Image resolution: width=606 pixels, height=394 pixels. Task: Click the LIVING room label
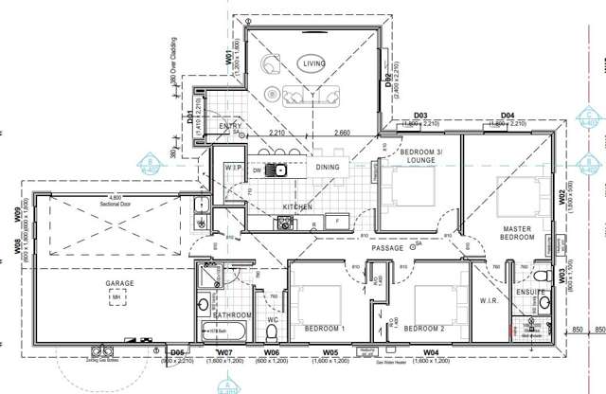[x=313, y=63]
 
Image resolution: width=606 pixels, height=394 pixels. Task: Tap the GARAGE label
[x=119, y=283]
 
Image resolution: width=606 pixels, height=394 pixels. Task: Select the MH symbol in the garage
[x=116, y=298]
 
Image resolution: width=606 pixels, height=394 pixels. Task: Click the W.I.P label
[x=232, y=168]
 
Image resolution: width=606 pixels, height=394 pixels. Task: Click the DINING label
[x=327, y=168]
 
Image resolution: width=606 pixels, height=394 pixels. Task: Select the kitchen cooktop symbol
[x=283, y=224]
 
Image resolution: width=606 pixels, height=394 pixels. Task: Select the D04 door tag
[x=507, y=115]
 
